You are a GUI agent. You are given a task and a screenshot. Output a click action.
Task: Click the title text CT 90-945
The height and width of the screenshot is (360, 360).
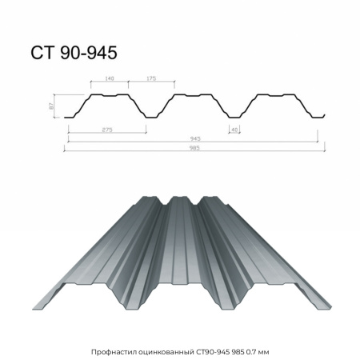(x=74, y=53)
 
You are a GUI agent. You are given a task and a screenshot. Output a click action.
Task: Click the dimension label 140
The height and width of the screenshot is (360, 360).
(x=110, y=78)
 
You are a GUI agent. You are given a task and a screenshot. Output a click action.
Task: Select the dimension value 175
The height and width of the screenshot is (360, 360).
(x=151, y=78)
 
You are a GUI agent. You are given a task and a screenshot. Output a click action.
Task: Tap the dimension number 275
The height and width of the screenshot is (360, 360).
(x=107, y=130)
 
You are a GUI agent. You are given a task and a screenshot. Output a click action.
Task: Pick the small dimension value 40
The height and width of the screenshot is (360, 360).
(x=234, y=130)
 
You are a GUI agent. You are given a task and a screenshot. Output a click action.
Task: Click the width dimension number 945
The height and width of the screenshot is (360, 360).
(x=195, y=138)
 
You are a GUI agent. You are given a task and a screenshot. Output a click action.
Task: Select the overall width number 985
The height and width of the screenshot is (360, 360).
(x=194, y=148)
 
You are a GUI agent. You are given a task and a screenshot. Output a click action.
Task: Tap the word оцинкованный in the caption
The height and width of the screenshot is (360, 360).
(x=166, y=352)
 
